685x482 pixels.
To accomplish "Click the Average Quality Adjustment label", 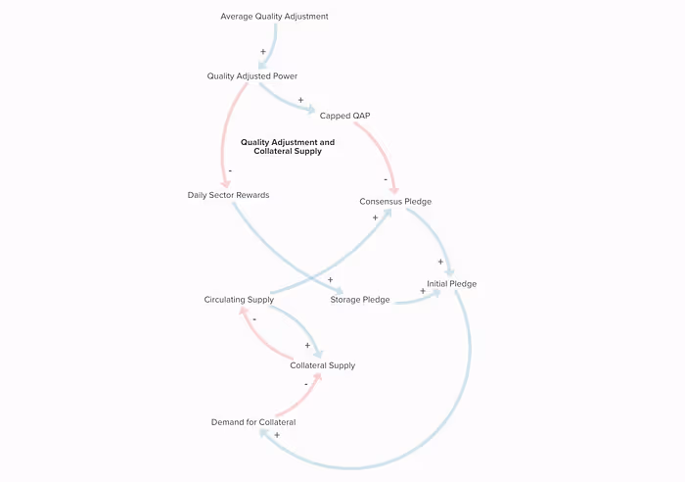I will click(x=274, y=17).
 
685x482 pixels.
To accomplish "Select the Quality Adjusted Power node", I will click(x=251, y=75).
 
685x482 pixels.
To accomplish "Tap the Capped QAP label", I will click(x=344, y=116).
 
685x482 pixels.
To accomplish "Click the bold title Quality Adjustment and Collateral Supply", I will click(x=288, y=147).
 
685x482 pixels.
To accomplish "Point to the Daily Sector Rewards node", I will click(x=228, y=195).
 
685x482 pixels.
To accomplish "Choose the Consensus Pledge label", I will click(x=395, y=202).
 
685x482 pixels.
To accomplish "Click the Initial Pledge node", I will click(x=451, y=284).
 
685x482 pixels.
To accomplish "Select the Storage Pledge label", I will click(x=360, y=300).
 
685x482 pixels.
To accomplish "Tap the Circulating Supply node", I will click(x=239, y=299).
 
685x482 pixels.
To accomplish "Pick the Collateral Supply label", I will click(x=322, y=365).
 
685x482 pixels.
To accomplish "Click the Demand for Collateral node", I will click(x=253, y=422).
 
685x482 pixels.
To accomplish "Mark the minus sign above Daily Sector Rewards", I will click(x=230, y=171).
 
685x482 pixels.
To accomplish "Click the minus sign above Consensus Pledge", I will click(x=387, y=179).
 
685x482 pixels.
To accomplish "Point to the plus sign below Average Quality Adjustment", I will click(x=262, y=51).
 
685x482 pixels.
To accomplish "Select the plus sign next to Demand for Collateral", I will click(x=277, y=435).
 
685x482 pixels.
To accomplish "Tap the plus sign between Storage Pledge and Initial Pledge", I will click(x=422, y=291).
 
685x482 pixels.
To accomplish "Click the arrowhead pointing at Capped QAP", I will click(x=311, y=110).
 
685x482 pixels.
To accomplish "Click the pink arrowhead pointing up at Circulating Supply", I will click(x=244, y=313).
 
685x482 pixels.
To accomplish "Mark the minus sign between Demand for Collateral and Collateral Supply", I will click(x=305, y=385).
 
